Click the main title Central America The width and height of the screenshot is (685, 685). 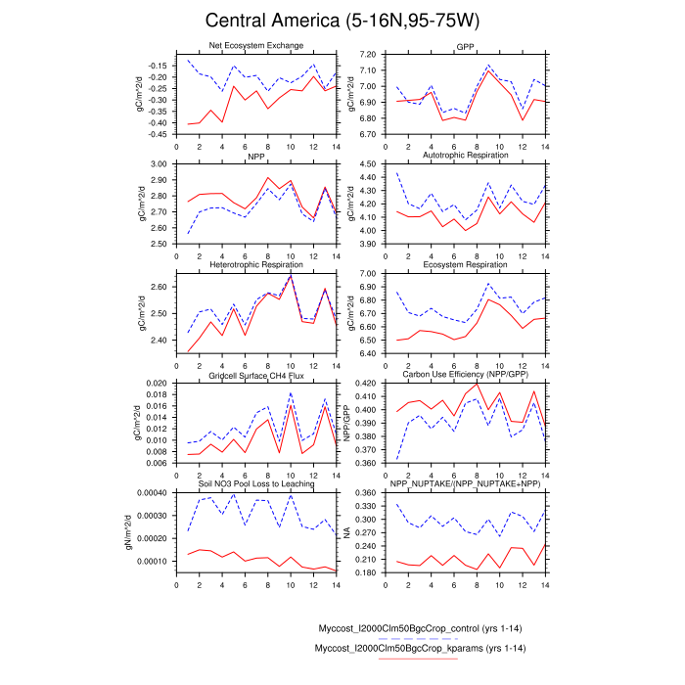[x=342, y=22]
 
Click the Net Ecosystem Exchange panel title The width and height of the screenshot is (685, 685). [x=256, y=45]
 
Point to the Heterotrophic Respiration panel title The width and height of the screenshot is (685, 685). [x=256, y=265]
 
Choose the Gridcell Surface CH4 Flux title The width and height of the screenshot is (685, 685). [x=256, y=375]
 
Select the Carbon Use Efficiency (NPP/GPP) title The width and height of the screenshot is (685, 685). [x=453, y=375]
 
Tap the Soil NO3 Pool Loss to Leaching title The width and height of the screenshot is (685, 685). [x=256, y=484]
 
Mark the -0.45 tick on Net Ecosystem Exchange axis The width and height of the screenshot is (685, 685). [x=154, y=134]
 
